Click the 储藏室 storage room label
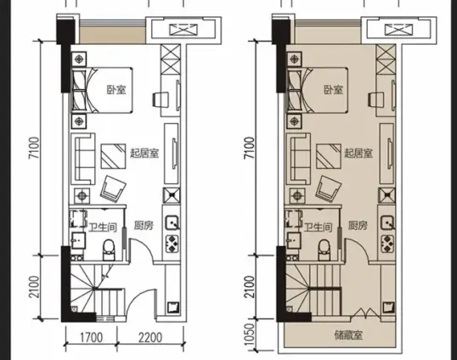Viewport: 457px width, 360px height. [x=348, y=335]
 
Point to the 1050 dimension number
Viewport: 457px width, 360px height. [x=250, y=335]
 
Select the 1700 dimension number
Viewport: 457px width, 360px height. [x=91, y=338]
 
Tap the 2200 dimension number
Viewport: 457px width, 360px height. [x=150, y=338]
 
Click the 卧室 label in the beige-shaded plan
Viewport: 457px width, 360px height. [x=334, y=90]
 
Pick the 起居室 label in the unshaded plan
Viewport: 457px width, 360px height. [x=144, y=153]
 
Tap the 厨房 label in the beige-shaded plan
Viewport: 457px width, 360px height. [x=358, y=226]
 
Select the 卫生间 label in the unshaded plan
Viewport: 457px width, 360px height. [x=103, y=228]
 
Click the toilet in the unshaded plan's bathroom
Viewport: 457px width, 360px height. [x=109, y=250]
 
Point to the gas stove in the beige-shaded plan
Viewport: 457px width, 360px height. [x=387, y=244]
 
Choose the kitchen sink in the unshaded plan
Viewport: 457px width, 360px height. [x=172, y=222]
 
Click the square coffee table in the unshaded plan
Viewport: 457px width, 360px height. [x=113, y=156]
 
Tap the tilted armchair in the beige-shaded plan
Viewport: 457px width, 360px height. [x=329, y=189]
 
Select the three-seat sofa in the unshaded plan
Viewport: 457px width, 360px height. [x=83, y=159]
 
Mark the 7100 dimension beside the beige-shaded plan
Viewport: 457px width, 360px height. [x=250, y=149]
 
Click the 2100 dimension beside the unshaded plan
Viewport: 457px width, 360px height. [x=34, y=287]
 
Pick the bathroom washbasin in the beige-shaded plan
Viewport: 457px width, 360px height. [x=294, y=240]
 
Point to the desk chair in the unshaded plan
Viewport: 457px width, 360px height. [x=161, y=100]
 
